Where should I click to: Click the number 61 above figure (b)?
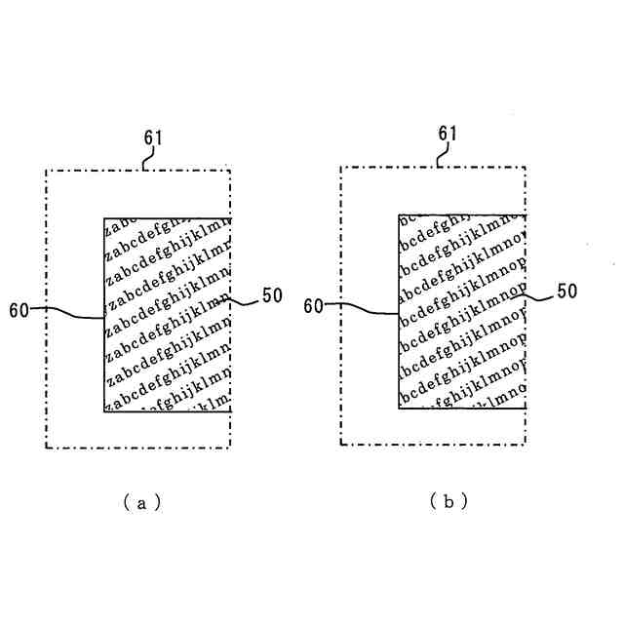click(448, 133)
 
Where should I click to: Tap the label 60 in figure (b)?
click(313, 305)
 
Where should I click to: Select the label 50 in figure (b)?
click(567, 291)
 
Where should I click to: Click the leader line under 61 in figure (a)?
click(146, 159)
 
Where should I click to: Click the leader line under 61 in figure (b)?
click(442, 155)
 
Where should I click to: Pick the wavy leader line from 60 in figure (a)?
click(68, 312)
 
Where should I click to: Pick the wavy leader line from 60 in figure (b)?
click(363, 309)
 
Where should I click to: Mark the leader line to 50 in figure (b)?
click(539, 295)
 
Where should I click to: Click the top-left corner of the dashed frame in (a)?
click(46, 170)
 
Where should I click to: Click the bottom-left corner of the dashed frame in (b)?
click(340, 445)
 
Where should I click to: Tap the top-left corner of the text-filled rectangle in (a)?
click(104, 217)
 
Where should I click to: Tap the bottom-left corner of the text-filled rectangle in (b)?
click(399, 409)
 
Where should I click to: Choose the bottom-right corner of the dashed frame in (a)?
click(231, 448)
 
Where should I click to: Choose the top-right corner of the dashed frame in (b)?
click(526, 166)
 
